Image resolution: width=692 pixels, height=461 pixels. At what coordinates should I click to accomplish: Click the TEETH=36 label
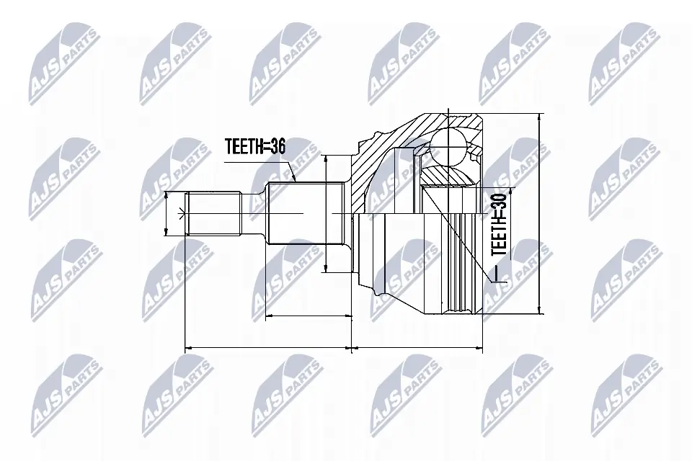pyautogui.click(x=255, y=147)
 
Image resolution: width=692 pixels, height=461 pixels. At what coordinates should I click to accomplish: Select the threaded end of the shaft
pyautogui.click(x=213, y=213)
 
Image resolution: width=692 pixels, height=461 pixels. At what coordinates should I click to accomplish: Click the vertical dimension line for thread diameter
pyautogui.click(x=167, y=214)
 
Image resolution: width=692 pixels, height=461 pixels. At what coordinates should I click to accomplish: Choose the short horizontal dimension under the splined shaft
pyautogui.click(x=309, y=315)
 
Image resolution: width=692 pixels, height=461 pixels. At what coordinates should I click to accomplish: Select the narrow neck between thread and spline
pyautogui.click(x=252, y=213)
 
